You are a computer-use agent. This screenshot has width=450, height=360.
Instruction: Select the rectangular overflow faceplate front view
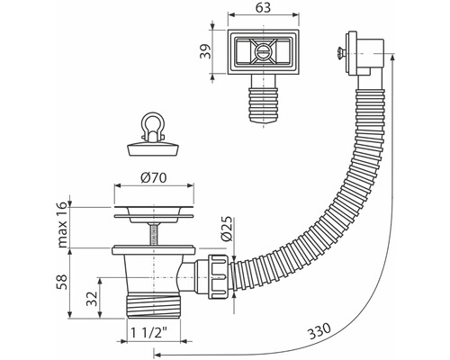pos(265,52)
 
